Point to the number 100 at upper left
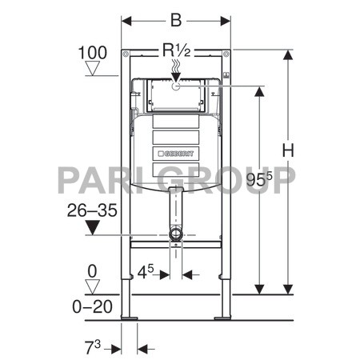(x=93, y=54)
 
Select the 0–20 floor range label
(x=92, y=304)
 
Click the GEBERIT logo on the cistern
(x=177, y=150)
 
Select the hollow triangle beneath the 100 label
(x=93, y=70)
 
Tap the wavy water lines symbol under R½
(x=176, y=71)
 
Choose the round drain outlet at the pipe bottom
(x=176, y=235)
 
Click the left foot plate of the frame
(x=129, y=318)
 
